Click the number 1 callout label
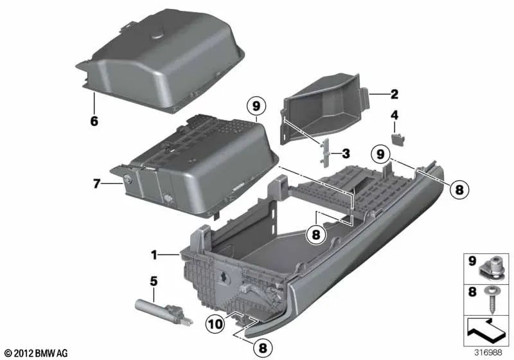pyautogui.click(x=154, y=255)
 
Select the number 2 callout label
pyautogui.click(x=394, y=94)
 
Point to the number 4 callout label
pyautogui.click(x=395, y=116)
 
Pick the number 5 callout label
pyautogui.click(x=153, y=280)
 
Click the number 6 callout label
pyautogui.click(x=94, y=120)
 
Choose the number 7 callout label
pyautogui.click(x=97, y=184)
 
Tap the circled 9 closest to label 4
pyautogui.click(x=398, y=155)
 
